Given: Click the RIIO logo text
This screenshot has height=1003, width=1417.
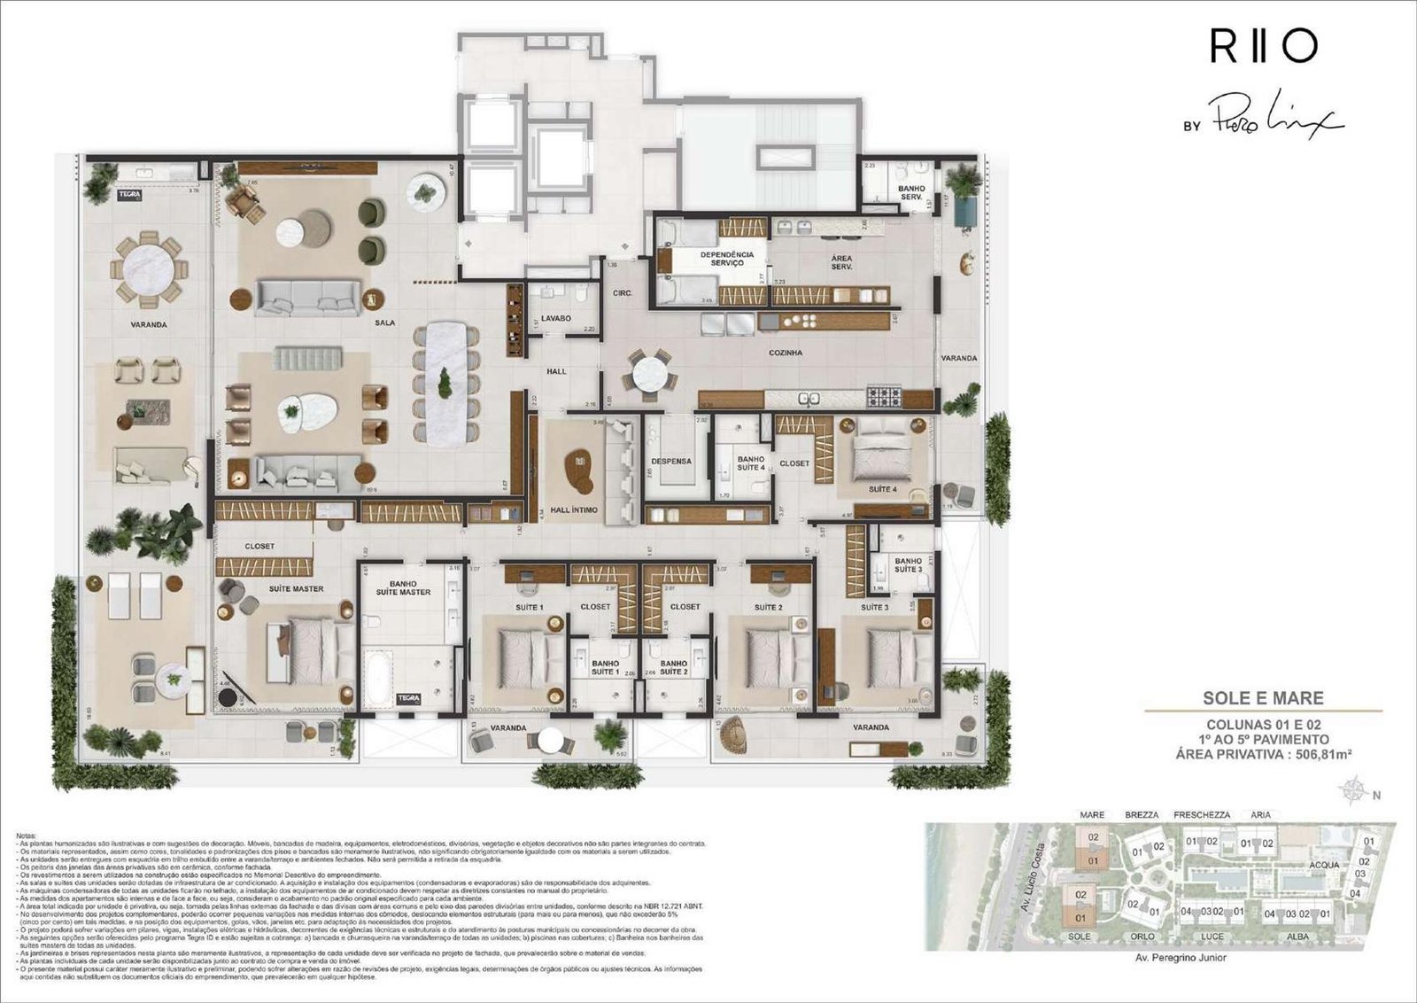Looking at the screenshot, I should click(1264, 47).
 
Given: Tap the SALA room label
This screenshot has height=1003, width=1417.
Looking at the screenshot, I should click(384, 323).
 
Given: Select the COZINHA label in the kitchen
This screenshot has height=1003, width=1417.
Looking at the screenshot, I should click(786, 353).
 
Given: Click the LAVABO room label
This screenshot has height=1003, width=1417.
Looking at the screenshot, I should click(556, 318).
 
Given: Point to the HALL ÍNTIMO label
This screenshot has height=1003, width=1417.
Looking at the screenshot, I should click(574, 510).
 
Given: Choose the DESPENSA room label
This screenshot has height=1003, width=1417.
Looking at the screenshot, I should click(671, 462).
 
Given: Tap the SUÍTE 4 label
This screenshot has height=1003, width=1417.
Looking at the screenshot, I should click(882, 489).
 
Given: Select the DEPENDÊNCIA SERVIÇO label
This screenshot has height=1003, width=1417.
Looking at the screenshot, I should click(726, 259).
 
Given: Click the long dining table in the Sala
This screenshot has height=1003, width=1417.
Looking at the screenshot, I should click(445, 383).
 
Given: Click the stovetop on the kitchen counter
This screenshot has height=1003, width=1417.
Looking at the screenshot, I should click(883, 396).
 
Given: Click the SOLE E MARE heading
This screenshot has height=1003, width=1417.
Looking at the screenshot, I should click(1263, 698).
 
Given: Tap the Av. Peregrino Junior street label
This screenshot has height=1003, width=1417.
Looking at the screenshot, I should click(1181, 958).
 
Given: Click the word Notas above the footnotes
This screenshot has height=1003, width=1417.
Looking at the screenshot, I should click(26, 836).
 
